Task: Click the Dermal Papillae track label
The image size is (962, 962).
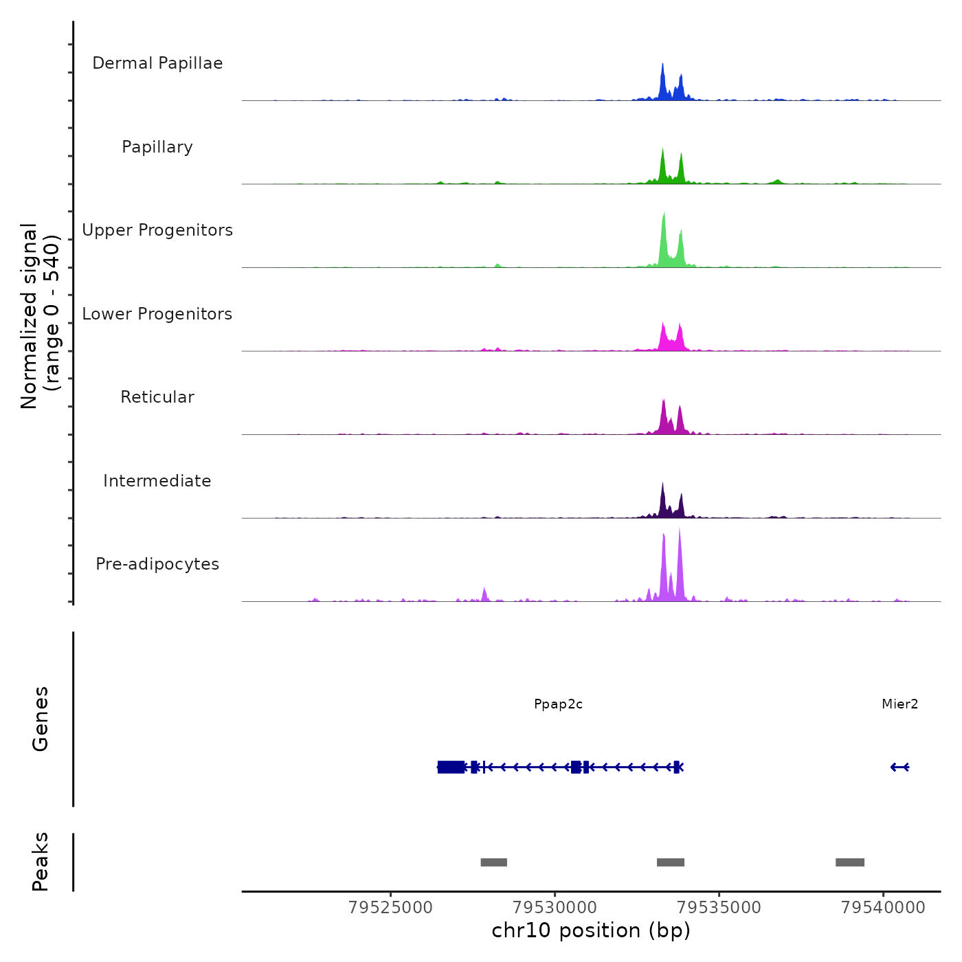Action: point(157,63)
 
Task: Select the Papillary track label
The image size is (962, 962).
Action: point(157,147)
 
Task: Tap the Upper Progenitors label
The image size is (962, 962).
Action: point(157,230)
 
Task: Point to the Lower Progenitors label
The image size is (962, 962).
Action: point(157,314)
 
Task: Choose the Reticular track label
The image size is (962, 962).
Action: point(157,397)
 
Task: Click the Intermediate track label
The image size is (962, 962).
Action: point(157,481)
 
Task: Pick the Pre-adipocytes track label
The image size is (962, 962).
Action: point(157,564)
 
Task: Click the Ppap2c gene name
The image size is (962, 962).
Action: point(558,704)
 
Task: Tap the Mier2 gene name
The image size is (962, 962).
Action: point(899,704)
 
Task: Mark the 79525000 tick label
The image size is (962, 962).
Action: point(390,908)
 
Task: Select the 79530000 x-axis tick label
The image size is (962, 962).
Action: point(555,908)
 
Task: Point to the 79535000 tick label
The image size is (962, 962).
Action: point(719,908)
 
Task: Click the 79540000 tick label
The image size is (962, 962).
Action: point(884,908)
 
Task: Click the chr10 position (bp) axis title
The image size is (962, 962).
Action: point(591,931)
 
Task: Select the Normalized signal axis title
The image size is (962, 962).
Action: point(40,315)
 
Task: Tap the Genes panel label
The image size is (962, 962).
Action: point(41,719)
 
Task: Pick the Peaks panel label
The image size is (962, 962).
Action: point(41,862)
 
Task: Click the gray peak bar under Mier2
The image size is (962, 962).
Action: point(850,862)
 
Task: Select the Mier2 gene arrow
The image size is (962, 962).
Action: point(899,767)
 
